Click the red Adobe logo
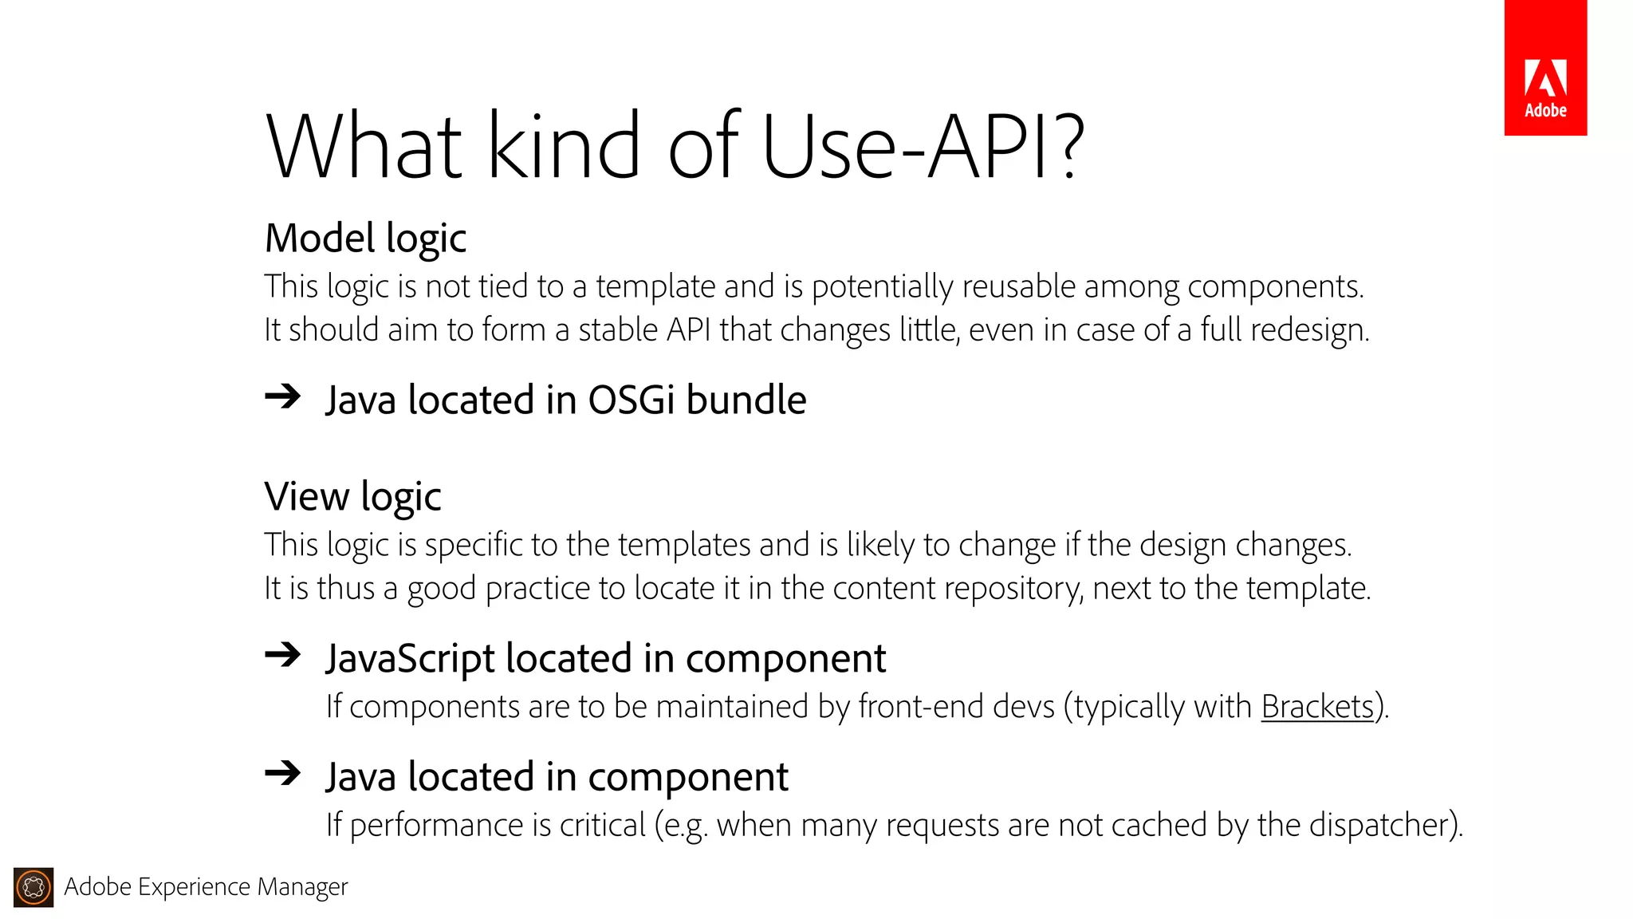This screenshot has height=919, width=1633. (1545, 68)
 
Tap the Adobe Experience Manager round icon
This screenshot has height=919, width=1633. (33, 887)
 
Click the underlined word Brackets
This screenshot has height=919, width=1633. (1317, 707)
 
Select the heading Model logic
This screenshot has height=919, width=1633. (365, 239)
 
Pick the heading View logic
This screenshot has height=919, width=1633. (352, 497)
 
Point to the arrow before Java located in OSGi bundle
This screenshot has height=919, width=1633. (283, 396)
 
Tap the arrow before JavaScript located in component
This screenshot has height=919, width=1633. (283, 655)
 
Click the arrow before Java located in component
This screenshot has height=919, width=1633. (283, 772)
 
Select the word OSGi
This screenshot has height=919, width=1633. (632, 400)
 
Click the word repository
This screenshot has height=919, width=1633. (962, 589)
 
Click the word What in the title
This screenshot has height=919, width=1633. (364, 147)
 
